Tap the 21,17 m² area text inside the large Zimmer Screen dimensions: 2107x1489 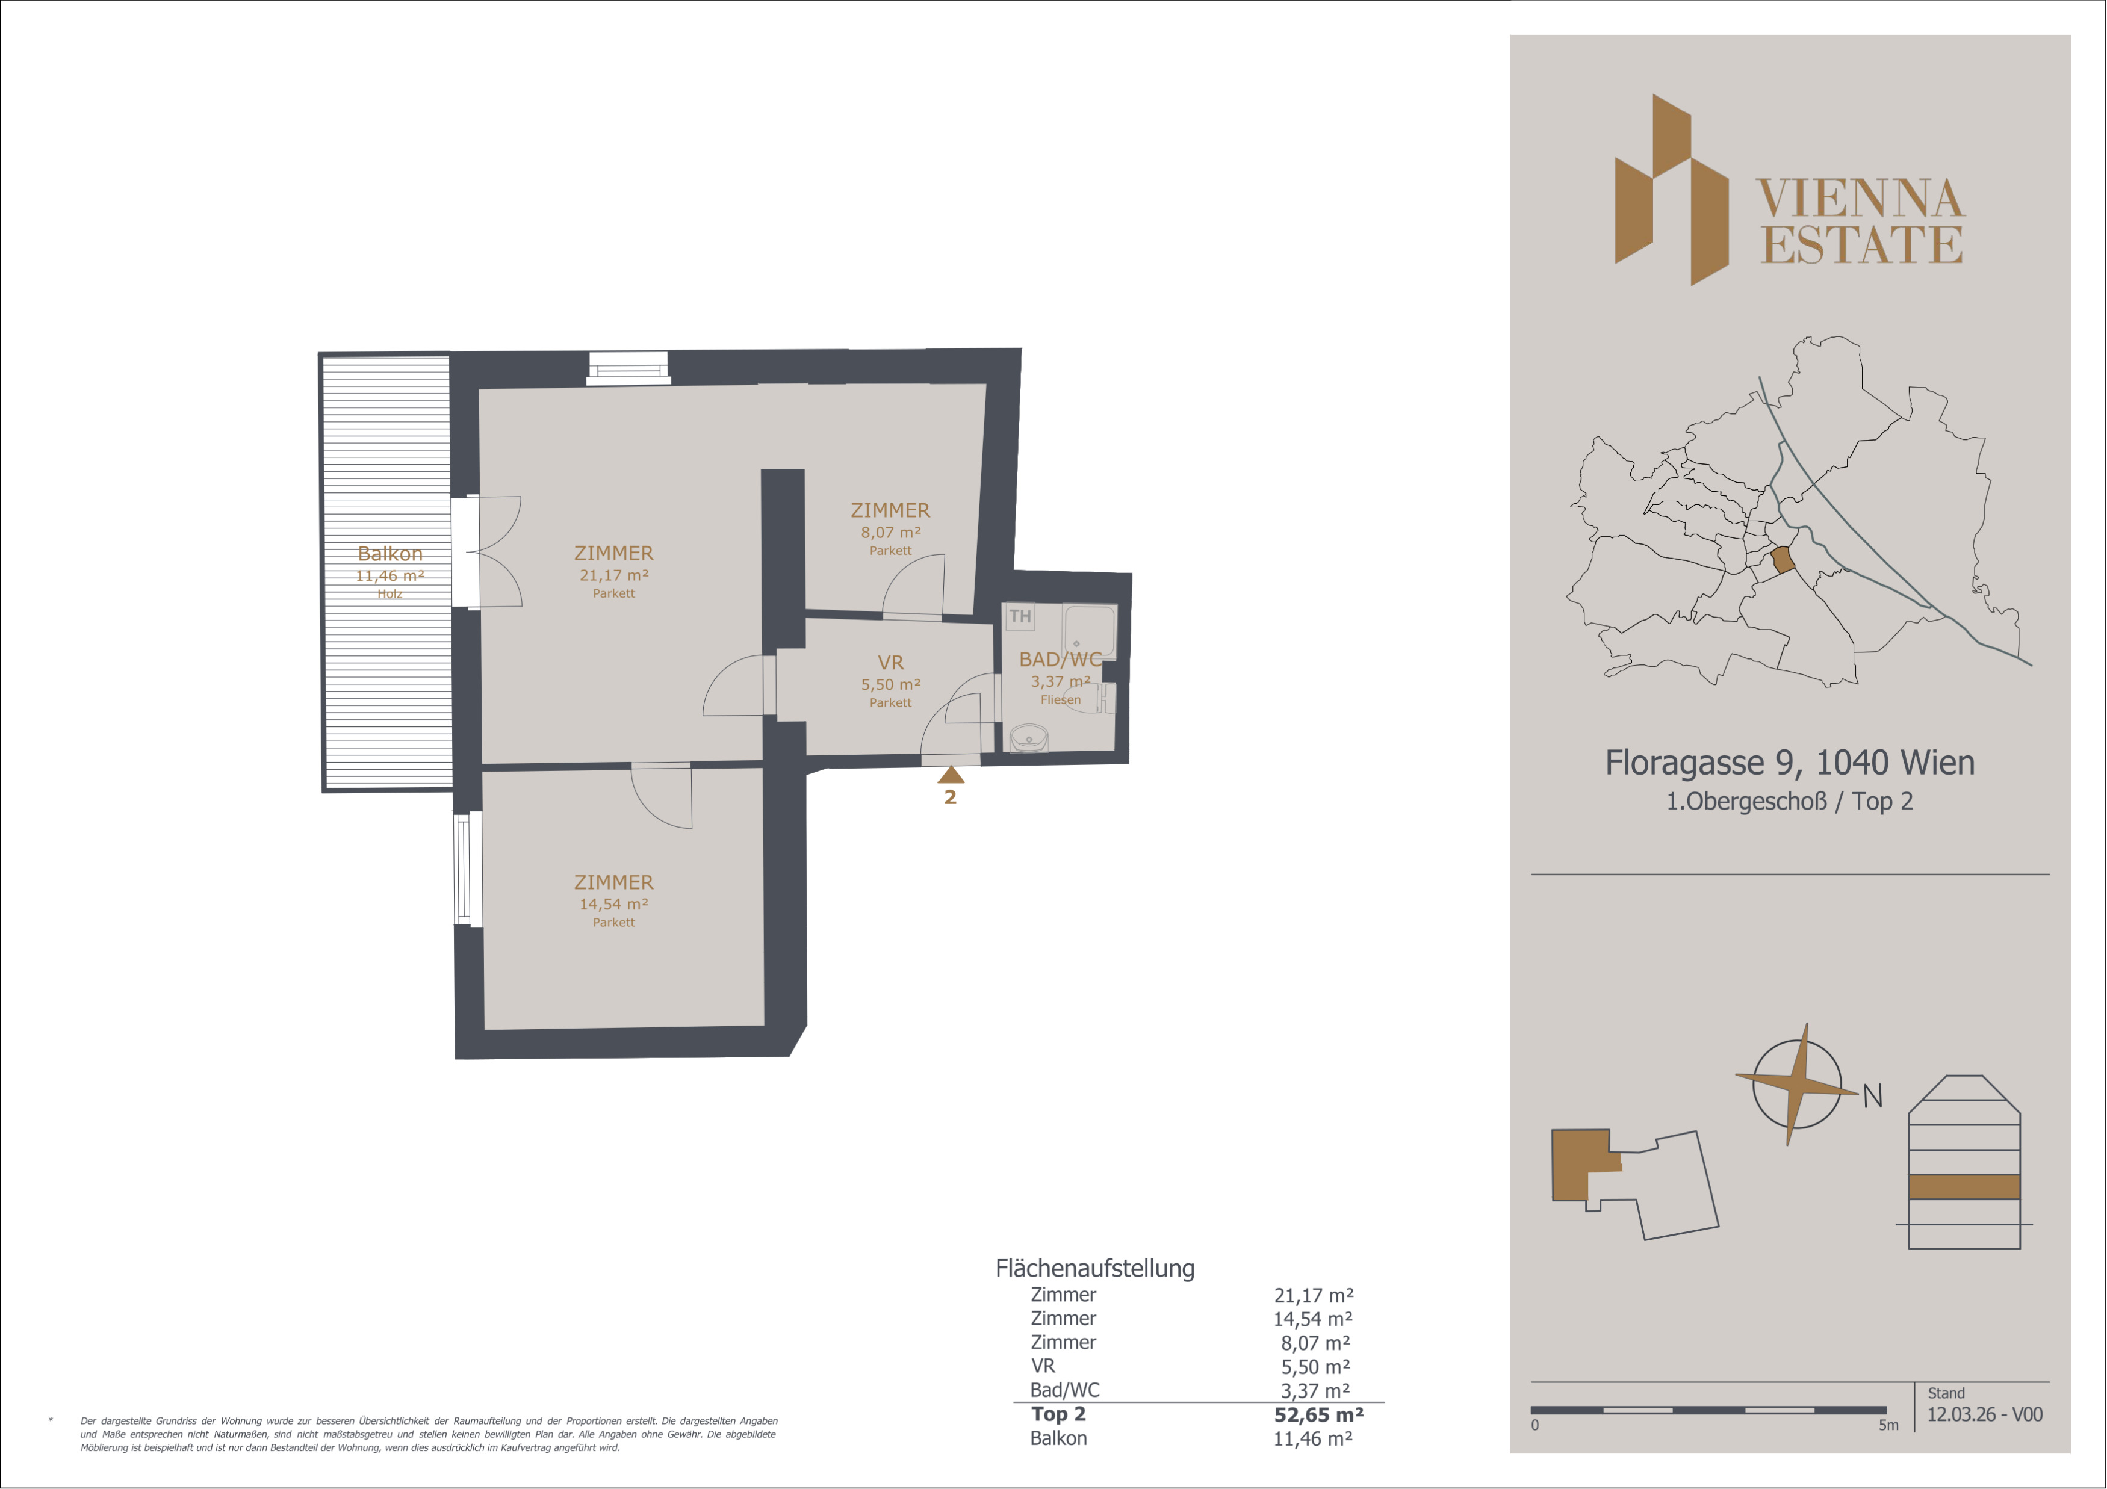[x=614, y=575]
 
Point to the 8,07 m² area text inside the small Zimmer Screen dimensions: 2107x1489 [x=890, y=532]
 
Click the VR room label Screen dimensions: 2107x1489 [x=890, y=663]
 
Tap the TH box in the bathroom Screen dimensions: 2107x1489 [x=1020, y=616]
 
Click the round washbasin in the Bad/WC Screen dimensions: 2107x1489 [x=1029, y=738]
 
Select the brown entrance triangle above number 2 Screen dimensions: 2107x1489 [x=951, y=775]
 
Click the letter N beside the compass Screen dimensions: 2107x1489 [x=1873, y=1095]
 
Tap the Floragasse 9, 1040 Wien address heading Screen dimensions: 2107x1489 [x=1790, y=763]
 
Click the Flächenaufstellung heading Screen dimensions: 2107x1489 [x=1095, y=1269]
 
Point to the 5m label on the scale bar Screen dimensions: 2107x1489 [x=1888, y=1425]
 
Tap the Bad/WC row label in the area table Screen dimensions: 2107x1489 [x=1064, y=1390]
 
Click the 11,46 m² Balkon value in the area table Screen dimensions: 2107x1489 [x=1312, y=1438]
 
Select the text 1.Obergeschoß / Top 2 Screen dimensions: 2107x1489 [x=1790, y=801]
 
